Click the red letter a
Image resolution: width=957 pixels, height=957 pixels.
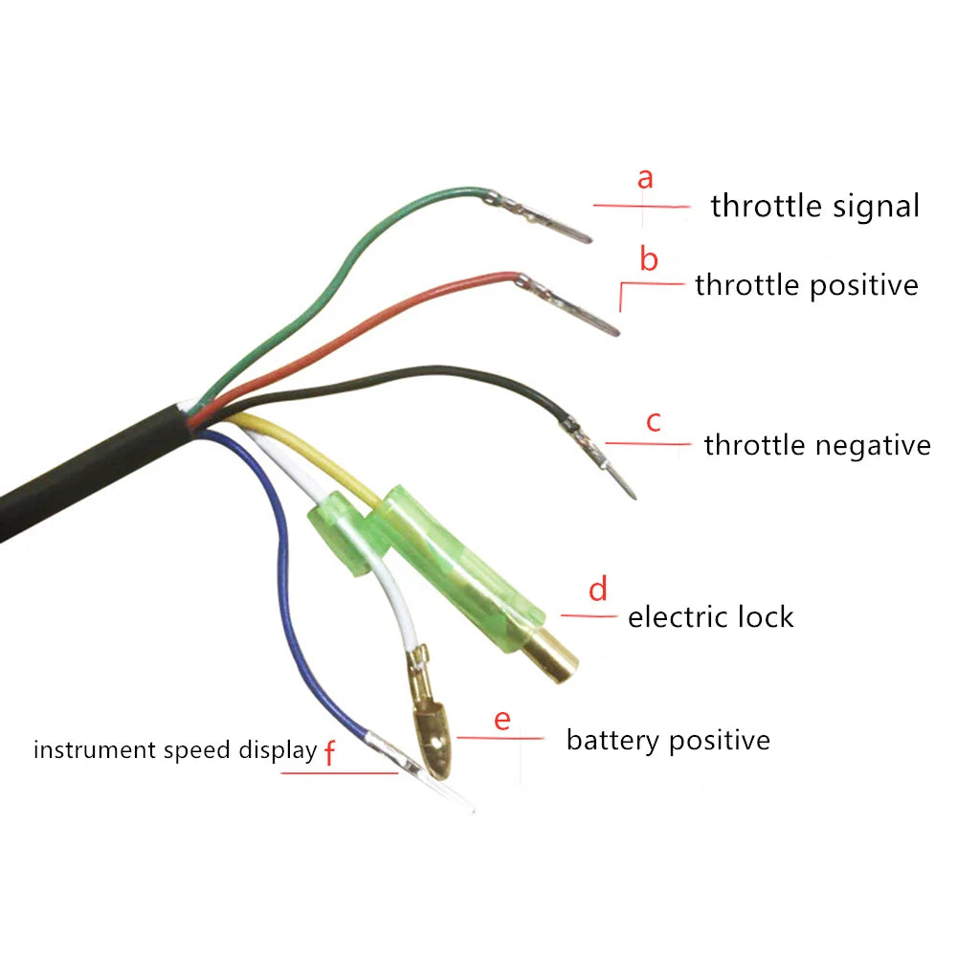(646, 178)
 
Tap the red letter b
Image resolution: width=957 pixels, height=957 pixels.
(649, 258)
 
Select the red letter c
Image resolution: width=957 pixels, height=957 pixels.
(654, 421)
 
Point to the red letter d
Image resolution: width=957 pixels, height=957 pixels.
(598, 590)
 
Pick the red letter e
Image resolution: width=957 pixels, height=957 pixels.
(502, 720)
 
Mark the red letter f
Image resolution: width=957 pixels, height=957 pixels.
(330, 754)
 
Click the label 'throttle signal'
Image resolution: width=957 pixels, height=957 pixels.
(814, 206)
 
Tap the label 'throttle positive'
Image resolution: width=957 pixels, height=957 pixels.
(806, 285)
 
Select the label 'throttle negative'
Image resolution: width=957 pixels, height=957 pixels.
(816, 445)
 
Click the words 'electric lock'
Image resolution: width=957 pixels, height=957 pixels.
(710, 617)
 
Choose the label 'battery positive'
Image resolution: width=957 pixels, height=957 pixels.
(668, 740)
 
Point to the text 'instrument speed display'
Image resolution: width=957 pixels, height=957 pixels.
(174, 749)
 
